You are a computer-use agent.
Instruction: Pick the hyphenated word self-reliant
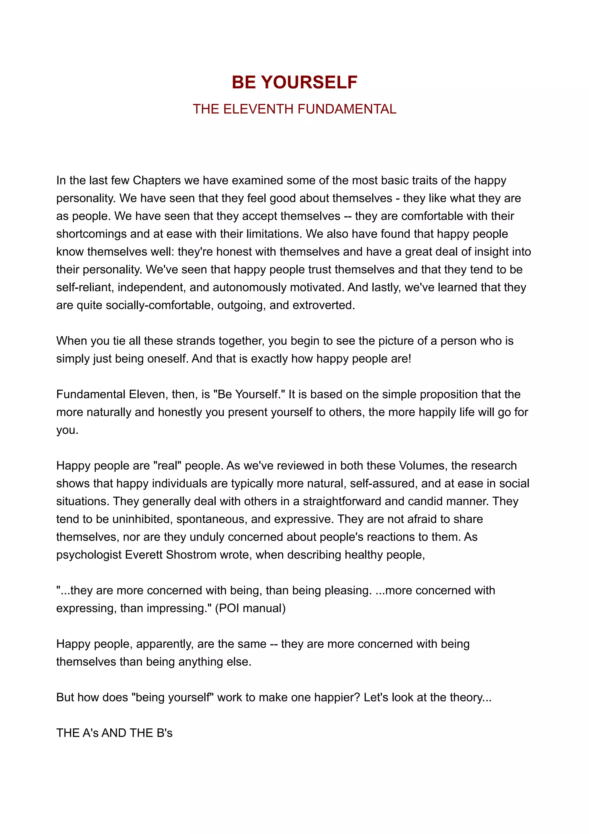[x=85, y=287]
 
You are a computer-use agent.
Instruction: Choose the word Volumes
[x=422, y=466]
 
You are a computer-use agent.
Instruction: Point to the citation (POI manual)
[x=250, y=608]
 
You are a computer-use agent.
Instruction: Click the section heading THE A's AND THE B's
[x=114, y=733]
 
